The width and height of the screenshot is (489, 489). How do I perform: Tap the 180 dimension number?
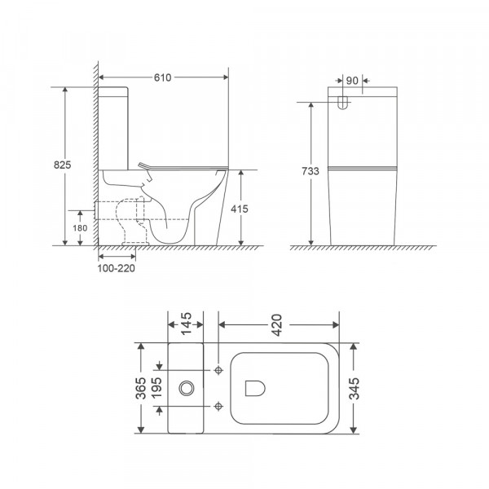(80, 227)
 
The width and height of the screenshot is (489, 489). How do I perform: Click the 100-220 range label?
(116, 267)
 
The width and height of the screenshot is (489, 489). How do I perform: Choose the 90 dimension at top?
(351, 81)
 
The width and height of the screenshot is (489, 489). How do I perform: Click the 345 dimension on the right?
(352, 388)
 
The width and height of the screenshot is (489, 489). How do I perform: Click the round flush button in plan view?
(188, 388)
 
